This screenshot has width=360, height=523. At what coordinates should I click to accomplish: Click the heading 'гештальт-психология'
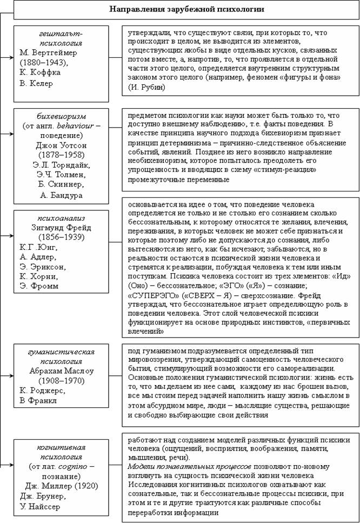pyautogui.click(x=56, y=37)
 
